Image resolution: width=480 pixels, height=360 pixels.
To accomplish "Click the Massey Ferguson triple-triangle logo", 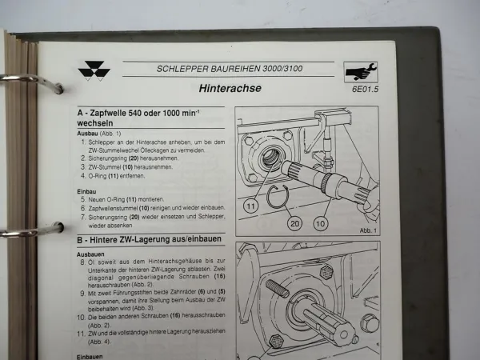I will pos(94,70).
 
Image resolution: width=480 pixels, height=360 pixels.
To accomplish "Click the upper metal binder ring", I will pos(32,79).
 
